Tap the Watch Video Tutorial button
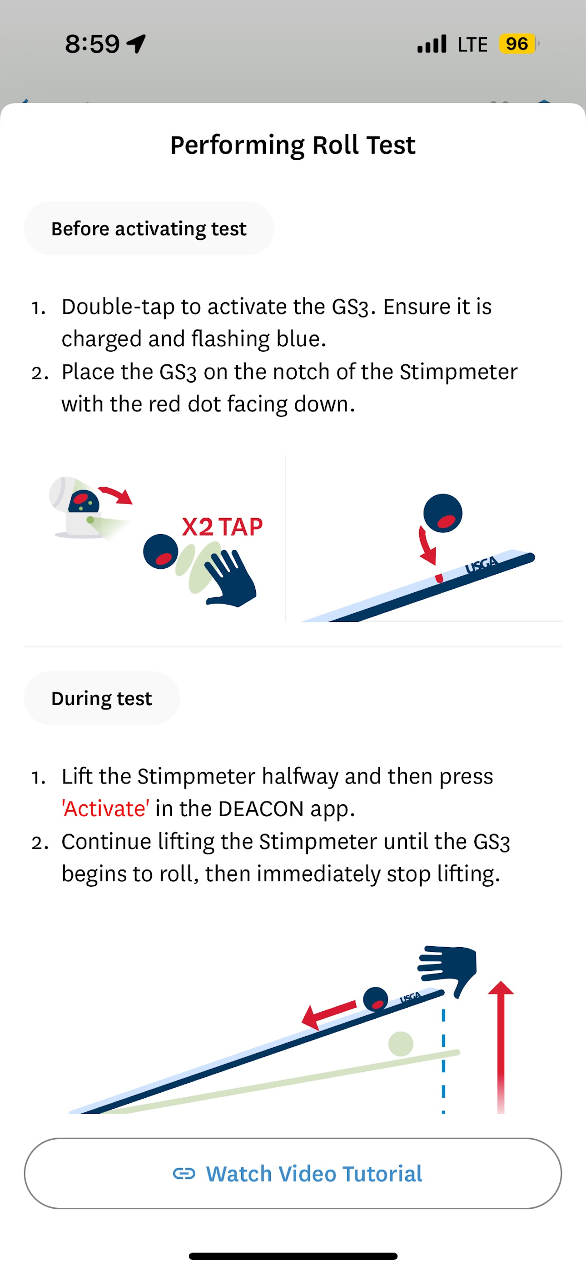pos(293,1173)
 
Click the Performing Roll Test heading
pos(293,145)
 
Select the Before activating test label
pos(149,229)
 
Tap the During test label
pos(102,698)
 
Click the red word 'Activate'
pos(105,808)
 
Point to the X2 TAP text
pos(222,526)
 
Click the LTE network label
pos(472,45)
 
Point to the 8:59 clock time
pos(92,44)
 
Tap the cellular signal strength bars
pos(432,44)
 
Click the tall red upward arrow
pos(501,1047)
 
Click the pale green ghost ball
pos(401,1044)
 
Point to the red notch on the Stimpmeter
pos(438,578)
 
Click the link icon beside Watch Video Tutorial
pos(184,1174)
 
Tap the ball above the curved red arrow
pos(443,513)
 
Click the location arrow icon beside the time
pos(136,44)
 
